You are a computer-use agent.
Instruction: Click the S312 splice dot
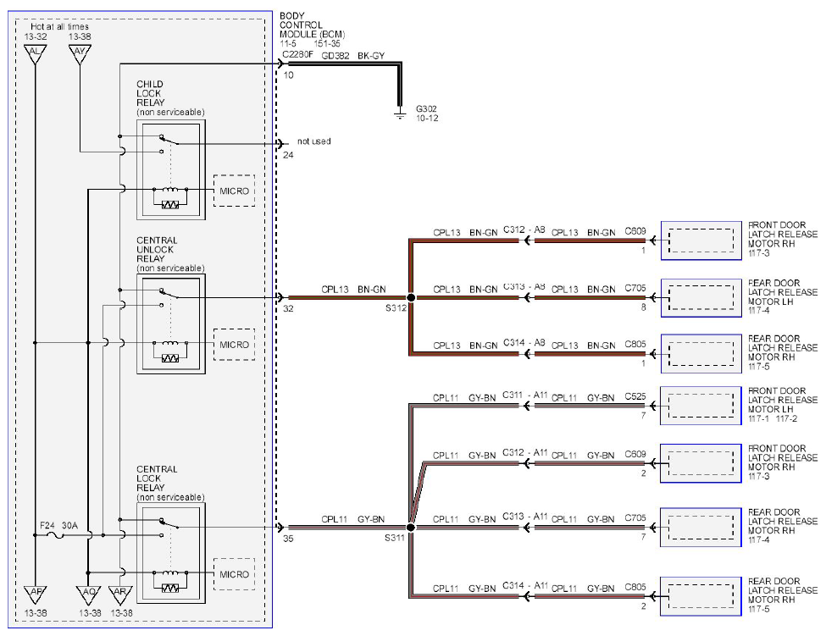click(411, 297)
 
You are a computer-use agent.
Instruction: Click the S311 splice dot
click(411, 527)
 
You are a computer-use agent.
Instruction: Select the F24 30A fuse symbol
click(57, 535)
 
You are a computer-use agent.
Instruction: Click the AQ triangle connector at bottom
click(88, 595)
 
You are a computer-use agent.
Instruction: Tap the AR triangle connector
click(120, 595)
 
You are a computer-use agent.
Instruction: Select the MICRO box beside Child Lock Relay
click(235, 191)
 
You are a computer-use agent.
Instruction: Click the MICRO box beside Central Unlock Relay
click(235, 345)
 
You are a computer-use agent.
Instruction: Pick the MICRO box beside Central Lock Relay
click(235, 574)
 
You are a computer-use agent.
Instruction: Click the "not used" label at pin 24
click(314, 141)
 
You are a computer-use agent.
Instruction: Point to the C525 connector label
click(635, 396)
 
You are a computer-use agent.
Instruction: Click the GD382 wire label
click(335, 55)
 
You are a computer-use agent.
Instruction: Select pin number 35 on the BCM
click(288, 539)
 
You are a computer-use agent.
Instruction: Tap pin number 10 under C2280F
click(288, 75)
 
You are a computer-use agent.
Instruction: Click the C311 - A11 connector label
click(525, 395)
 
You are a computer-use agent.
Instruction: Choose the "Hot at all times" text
click(59, 26)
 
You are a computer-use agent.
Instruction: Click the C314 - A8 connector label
click(524, 343)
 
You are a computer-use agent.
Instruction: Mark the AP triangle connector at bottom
click(36, 595)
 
